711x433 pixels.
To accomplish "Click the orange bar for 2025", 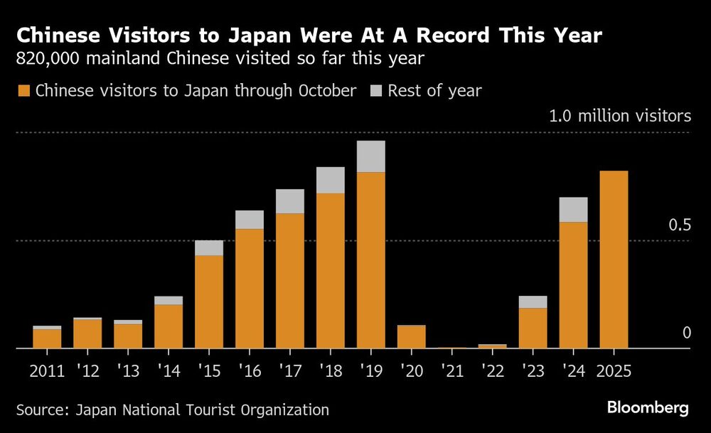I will click(614, 260).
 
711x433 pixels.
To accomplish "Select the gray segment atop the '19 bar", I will click(370, 156).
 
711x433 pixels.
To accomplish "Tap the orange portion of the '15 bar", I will click(209, 301).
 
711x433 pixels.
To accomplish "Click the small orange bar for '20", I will click(411, 336).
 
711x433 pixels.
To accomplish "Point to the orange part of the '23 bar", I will click(533, 328).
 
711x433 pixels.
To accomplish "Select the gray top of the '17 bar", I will click(289, 201).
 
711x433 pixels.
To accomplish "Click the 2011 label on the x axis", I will click(47, 370).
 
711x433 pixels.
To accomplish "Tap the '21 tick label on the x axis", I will click(451, 370).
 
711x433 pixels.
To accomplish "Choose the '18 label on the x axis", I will click(330, 370).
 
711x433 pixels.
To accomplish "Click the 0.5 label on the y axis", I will click(680, 225).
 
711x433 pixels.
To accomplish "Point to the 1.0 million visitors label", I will click(619, 116).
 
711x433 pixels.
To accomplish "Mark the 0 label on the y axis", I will click(687, 333).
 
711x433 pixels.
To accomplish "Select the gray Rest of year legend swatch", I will click(375, 91).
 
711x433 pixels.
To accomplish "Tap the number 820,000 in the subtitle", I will click(48, 59).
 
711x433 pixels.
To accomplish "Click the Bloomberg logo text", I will click(647, 408).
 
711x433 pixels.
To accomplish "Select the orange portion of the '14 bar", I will click(169, 326).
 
